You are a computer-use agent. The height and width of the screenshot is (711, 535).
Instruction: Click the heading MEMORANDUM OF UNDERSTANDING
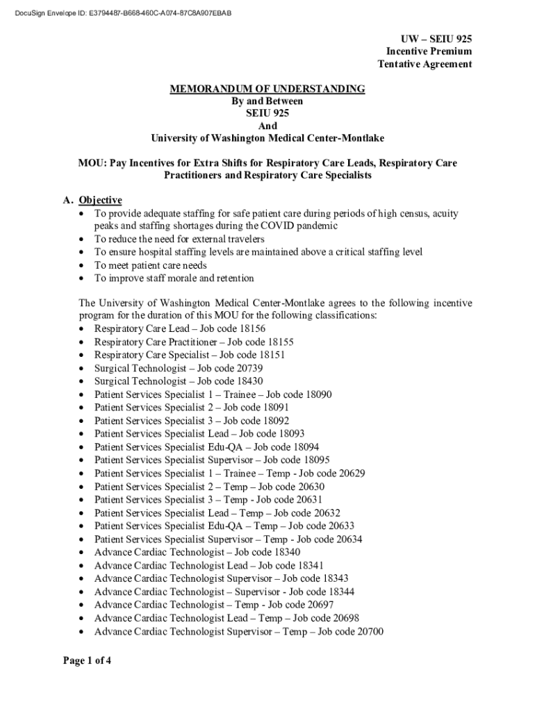coord(267,89)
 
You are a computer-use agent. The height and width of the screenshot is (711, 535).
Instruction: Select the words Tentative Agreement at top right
coord(425,64)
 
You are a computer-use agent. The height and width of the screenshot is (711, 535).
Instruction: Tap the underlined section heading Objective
coord(100,200)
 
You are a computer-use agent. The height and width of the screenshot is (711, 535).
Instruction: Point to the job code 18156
coord(252,328)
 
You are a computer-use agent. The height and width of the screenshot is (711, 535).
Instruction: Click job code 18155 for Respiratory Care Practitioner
coord(279,342)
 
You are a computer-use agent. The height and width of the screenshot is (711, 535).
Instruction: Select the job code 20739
coord(249,368)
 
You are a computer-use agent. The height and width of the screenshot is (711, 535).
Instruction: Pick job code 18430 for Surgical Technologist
coord(249,381)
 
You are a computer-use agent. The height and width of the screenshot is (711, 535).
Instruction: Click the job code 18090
coord(318,394)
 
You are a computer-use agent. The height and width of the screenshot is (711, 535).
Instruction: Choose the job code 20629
coord(352,473)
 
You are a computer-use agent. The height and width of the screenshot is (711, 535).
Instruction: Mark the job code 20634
coord(348,539)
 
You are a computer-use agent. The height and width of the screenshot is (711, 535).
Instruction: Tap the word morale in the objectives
coord(176,278)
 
